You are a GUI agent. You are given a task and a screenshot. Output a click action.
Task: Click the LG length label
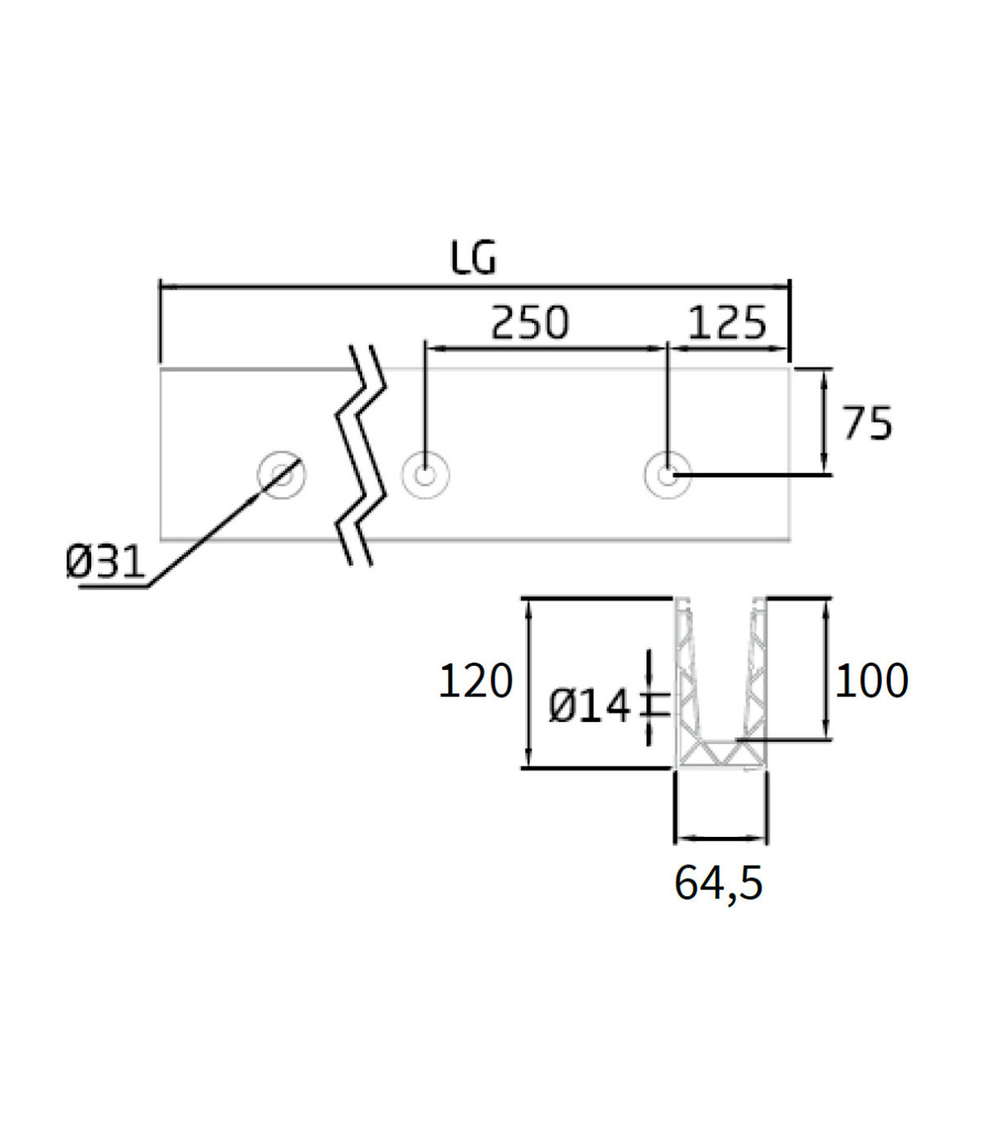tap(473, 257)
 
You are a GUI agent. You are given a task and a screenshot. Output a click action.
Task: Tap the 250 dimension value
tap(530, 322)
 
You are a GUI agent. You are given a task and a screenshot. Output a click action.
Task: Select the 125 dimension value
tap(727, 322)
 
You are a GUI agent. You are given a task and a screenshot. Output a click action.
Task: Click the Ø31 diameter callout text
tap(104, 562)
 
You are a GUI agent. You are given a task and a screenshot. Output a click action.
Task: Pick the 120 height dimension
tap(476, 681)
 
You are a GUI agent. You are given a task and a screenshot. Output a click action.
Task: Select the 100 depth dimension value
tap(872, 681)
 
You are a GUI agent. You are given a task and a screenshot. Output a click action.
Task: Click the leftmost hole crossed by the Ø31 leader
tap(282, 474)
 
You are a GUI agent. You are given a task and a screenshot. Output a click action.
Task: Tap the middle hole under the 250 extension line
tap(426, 475)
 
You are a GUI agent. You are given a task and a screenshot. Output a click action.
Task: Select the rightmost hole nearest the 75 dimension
tap(668, 475)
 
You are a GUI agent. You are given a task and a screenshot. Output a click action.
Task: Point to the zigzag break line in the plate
tap(361, 455)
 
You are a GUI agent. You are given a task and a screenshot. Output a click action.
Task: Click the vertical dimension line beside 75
tap(824, 422)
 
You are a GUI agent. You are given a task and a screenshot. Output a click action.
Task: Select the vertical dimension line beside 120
tap(528, 682)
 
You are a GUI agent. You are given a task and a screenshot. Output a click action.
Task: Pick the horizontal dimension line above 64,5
tap(721, 839)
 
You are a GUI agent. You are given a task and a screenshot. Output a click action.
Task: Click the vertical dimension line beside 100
tap(826, 668)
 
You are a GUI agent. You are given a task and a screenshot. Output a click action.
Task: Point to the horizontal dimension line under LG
tap(475, 287)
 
